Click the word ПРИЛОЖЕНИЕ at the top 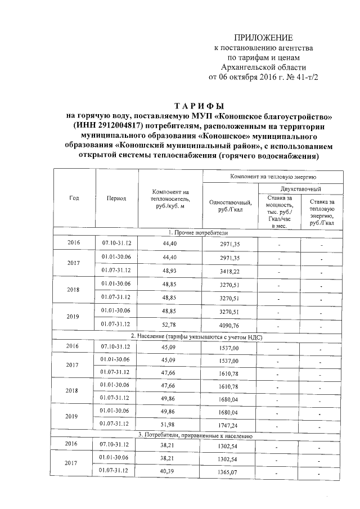click(x=263, y=38)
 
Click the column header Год click(x=74, y=198)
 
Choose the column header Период click(x=116, y=198)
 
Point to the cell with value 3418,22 click(x=229, y=271)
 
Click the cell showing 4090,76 click(x=229, y=325)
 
